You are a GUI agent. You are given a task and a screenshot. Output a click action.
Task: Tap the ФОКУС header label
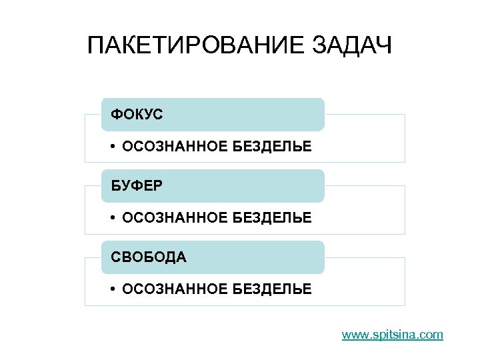pyautogui.click(x=137, y=115)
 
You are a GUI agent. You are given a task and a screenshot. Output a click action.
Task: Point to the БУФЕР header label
pyautogui.click(x=137, y=185)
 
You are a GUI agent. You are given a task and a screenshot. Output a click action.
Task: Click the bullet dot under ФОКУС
pyautogui.click(x=115, y=146)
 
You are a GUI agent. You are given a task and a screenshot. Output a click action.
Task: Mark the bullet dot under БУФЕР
pyautogui.click(x=115, y=217)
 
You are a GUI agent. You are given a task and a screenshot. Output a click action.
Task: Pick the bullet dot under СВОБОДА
pyautogui.click(x=115, y=289)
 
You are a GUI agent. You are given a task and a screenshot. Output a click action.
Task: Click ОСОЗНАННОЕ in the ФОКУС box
pyautogui.click(x=176, y=146)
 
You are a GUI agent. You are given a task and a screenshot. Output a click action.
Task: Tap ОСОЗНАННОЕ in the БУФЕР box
pyautogui.click(x=176, y=217)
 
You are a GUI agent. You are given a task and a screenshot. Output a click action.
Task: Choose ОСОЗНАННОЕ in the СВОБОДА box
pyautogui.click(x=176, y=289)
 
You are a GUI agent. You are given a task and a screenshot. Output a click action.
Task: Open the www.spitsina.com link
pyautogui.click(x=392, y=335)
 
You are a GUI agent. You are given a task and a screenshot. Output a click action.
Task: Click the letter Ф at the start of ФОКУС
pyautogui.click(x=116, y=115)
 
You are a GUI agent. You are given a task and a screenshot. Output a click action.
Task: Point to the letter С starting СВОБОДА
pyautogui.click(x=115, y=257)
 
